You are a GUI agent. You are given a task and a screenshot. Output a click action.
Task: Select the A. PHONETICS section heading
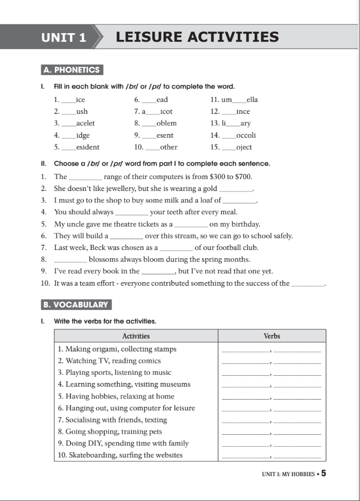point(72,70)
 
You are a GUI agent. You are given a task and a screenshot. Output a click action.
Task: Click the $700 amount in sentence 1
point(243,176)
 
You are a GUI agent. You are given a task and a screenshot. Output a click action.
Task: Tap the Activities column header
point(136,336)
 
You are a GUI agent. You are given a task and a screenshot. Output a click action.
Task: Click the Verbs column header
point(271,336)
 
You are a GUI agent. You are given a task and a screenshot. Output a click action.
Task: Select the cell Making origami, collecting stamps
point(118,349)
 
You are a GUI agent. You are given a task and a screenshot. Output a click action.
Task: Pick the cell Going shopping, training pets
point(110,432)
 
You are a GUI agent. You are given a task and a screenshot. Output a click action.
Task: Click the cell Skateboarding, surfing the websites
point(121,455)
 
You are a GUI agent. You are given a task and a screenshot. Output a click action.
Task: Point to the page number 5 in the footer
point(324,473)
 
